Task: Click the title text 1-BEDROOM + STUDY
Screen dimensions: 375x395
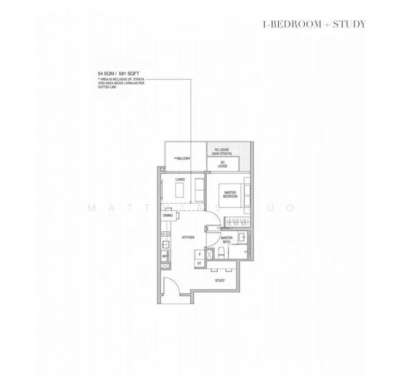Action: pos(315,24)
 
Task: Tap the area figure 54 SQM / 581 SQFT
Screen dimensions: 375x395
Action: pos(115,74)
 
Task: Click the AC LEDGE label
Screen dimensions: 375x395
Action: pos(223,164)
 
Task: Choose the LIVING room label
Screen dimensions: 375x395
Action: pos(180,180)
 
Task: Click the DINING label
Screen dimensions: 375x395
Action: pos(167,215)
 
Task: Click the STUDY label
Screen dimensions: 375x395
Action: pos(220,281)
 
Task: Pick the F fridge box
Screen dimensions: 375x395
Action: pos(199,254)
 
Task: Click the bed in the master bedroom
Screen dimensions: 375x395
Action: pos(237,194)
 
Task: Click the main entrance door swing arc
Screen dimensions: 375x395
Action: pos(172,282)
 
